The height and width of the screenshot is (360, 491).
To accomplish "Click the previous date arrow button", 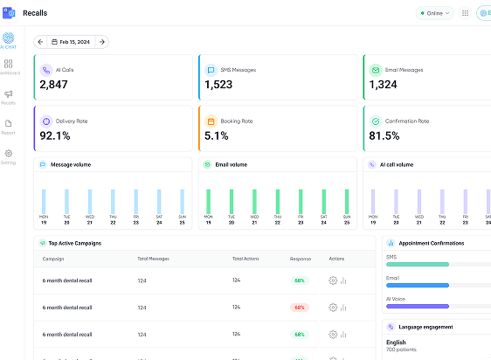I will pyautogui.click(x=40, y=42).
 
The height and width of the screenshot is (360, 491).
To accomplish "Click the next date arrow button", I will pyautogui.click(x=102, y=42).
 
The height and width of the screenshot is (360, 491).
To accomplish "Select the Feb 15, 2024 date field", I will pyautogui.click(x=72, y=42).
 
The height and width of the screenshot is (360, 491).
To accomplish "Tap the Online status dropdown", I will pyautogui.click(x=434, y=13).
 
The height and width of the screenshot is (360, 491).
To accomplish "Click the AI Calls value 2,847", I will pyautogui.click(x=53, y=85).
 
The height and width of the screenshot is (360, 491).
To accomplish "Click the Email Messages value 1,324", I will pyautogui.click(x=384, y=85).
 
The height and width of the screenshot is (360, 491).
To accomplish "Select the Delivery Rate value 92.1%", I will pyautogui.click(x=55, y=135).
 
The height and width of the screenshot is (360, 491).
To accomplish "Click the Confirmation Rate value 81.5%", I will pyautogui.click(x=384, y=135).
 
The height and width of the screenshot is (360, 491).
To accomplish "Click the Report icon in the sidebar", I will pyautogui.click(x=9, y=127).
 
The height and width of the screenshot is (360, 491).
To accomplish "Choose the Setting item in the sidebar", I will pyautogui.click(x=9, y=156).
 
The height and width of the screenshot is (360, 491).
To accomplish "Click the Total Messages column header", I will pyautogui.click(x=153, y=259).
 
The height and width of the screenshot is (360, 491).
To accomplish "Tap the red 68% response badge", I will pyautogui.click(x=300, y=308).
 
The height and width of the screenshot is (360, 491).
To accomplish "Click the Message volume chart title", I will pyautogui.click(x=71, y=164).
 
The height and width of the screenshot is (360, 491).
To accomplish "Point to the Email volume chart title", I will pyautogui.click(x=231, y=164).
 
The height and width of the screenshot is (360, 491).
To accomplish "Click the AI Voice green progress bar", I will pyautogui.click(x=418, y=307).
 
